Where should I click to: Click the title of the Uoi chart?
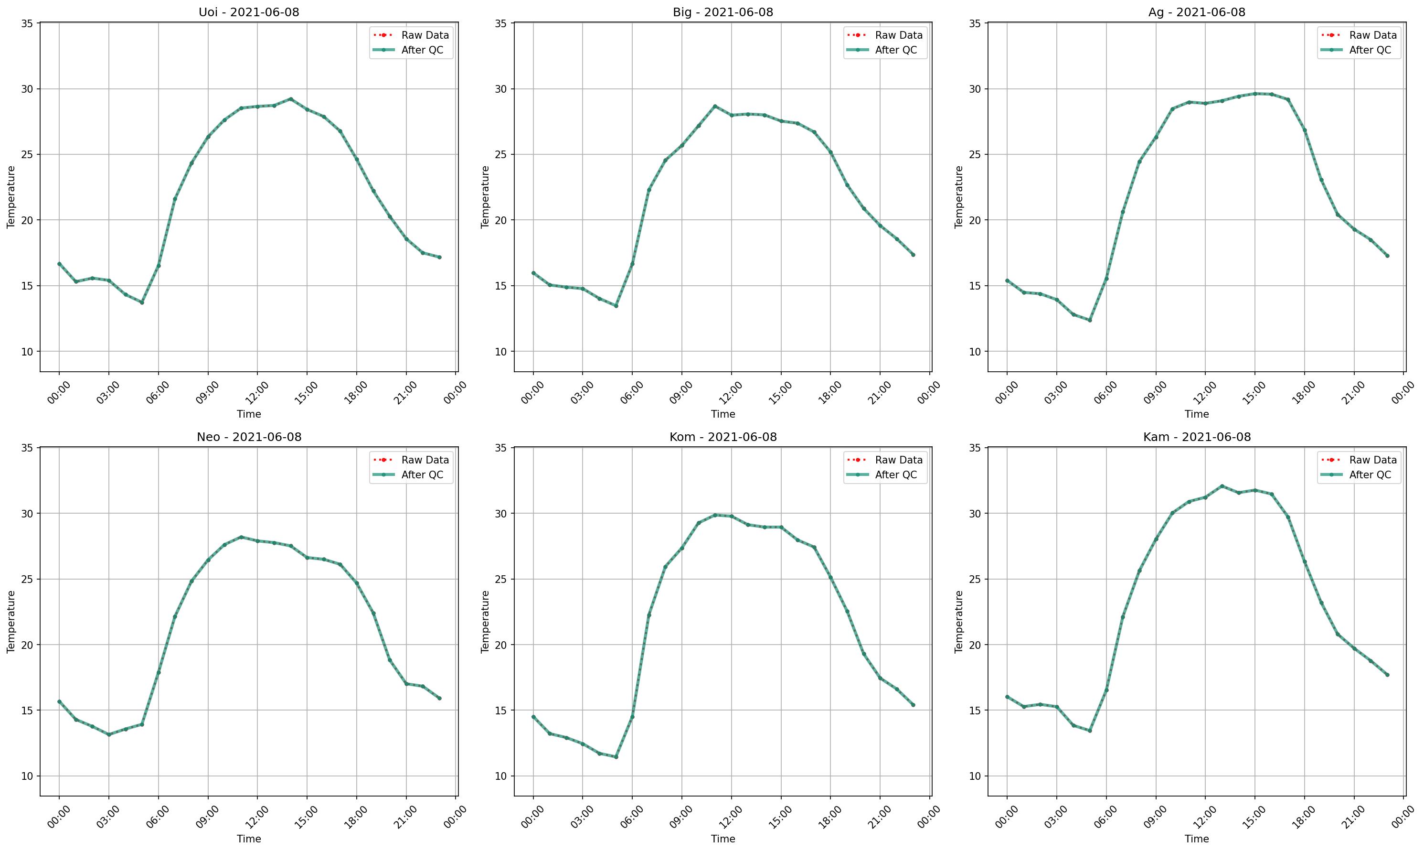click(x=249, y=12)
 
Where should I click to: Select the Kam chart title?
click(x=1197, y=437)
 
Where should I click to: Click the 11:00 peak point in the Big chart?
click(x=714, y=106)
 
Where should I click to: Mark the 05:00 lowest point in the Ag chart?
click(x=1090, y=320)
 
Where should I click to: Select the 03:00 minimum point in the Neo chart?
click(x=109, y=734)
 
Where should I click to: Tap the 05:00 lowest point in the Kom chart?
click(x=616, y=757)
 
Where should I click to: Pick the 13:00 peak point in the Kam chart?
click(x=1222, y=486)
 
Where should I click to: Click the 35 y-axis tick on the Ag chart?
click(x=975, y=23)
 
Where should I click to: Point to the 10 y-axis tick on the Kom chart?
click(x=501, y=776)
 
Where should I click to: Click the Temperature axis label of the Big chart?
click(x=485, y=197)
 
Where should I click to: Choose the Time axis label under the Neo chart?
click(x=249, y=839)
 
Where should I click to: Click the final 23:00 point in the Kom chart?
click(x=913, y=705)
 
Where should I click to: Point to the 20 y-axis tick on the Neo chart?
click(x=27, y=645)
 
